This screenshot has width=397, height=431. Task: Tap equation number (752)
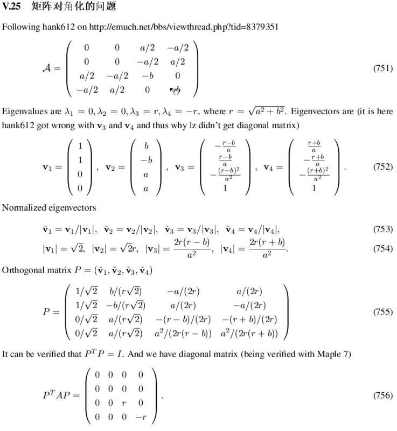click(x=382, y=167)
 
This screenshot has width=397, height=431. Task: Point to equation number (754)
click(x=382, y=249)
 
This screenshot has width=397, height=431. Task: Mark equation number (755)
click(x=382, y=312)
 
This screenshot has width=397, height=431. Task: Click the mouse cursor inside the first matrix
click(x=176, y=91)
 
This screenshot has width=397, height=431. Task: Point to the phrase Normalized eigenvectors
click(x=41, y=207)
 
